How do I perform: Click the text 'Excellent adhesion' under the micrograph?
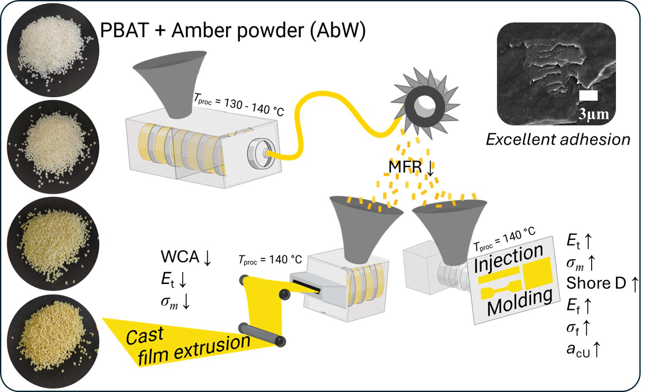coord(558,139)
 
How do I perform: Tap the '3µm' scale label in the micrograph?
coord(593,114)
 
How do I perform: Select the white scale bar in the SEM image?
coord(589,96)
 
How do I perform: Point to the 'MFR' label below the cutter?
coord(405,167)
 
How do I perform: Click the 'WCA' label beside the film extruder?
coord(180,257)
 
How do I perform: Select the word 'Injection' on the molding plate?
coord(508,257)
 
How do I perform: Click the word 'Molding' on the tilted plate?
coord(519,301)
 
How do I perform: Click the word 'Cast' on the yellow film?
coord(145,336)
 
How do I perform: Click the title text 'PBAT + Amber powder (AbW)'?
coord(233,30)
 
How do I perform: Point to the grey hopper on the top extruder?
coord(170,83)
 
